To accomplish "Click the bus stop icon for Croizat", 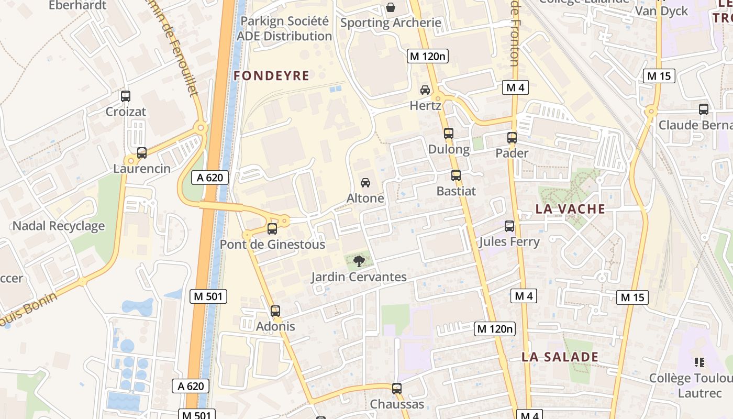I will click(x=126, y=96).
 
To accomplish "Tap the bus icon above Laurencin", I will click(x=142, y=153).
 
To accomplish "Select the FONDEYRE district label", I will click(x=271, y=76).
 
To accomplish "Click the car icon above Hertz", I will click(x=425, y=90).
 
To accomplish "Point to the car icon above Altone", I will click(x=365, y=183).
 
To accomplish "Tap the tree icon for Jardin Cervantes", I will click(x=359, y=261).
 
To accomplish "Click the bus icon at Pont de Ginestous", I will click(x=272, y=228).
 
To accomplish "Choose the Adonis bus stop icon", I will click(x=275, y=311).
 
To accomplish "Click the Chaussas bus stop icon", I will click(x=397, y=389).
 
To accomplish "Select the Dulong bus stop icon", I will click(x=449, y=134).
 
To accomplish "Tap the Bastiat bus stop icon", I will click(x=456, y=175).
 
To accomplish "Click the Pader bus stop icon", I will click(x=512, y=138).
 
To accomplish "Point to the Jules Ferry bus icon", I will click(x=509, y=226).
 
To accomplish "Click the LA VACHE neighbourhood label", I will click(x=570, y=209).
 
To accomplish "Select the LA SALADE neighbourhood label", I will click(x=560, y=357).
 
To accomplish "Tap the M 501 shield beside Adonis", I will click(x=208, y=296).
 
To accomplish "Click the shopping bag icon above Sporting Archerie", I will click(x=391, y=7).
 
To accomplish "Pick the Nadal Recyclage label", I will click(x=58, y=226).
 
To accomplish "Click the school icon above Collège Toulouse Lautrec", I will click(x=699, y=362).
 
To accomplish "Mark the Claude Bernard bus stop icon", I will click(x=704, y=109).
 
